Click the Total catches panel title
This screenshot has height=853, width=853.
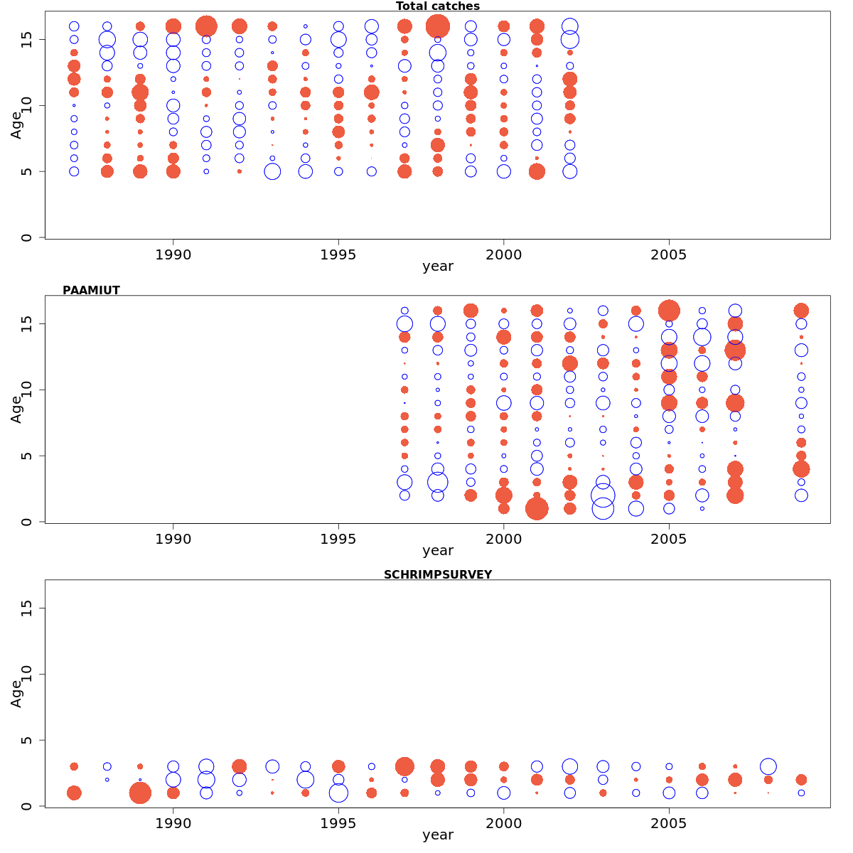pyautogui.click(x=437, y=6)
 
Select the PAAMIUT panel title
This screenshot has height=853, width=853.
pyautogui.click(x=91, y=290)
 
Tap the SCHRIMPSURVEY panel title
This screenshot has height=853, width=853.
pyautogui.click(x=437, y=574)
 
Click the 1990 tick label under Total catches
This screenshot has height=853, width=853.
pyautogui.click(x=173, y=254)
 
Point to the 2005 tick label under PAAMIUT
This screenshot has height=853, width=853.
pyautogui.click(x=668, y=539)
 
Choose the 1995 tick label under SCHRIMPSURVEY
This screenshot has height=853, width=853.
pyautogui.click(x=338, y=823)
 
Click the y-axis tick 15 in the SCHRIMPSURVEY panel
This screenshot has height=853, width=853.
pyautogui.click(x=26, y=608)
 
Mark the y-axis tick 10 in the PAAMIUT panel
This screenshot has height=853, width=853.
pyautogui.click(x=26, y=390)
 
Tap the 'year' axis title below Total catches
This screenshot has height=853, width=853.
pyautogui.click(x=437, y=267)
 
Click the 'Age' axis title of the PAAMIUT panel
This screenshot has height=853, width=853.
pyautogui.click(x=16, y=409)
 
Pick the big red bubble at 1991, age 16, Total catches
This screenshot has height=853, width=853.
pyautogui.click(x=206, y=26)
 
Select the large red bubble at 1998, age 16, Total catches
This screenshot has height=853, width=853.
pyautogui.click(x=437, y=26)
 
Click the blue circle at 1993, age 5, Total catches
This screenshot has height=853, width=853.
pyautogui.click(x=272, y=171)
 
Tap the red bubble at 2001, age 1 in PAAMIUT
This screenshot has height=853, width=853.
pyautogui.click(x=537, y=508)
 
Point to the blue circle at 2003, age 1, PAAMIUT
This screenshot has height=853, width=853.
pyautogui.click(x=603, y=508)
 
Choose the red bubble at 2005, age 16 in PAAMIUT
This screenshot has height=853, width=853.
pyautogui.click(x=669, y=311)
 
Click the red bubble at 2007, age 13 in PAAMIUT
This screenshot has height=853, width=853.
pyautogui.click(x=735, y=350)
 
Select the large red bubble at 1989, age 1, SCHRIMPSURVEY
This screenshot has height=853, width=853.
pyautogui.click(x=140, y=793)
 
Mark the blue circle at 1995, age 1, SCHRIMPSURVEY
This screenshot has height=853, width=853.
pyautogui.click(x=338, y=793)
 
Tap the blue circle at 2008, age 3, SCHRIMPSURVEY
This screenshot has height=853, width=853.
pyautogui.click(x=768, y=766)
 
